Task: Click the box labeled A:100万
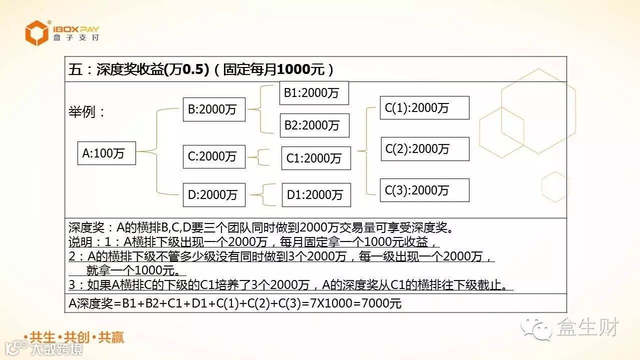[106, 153]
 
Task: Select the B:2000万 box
[213, 109]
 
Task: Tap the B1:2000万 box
[313, 93]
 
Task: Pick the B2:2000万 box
[314, 125]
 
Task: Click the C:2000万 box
[213, 156]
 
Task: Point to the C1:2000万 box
[316, 158]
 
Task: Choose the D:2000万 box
[213, 194]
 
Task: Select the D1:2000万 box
[316, 194]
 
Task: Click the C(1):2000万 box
[424, 107]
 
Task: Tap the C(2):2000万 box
[425, 148]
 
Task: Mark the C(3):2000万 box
[424, 190]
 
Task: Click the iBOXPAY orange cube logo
[37, 33]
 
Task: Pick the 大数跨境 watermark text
[56, 349]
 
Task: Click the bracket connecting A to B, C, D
[157, 151]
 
